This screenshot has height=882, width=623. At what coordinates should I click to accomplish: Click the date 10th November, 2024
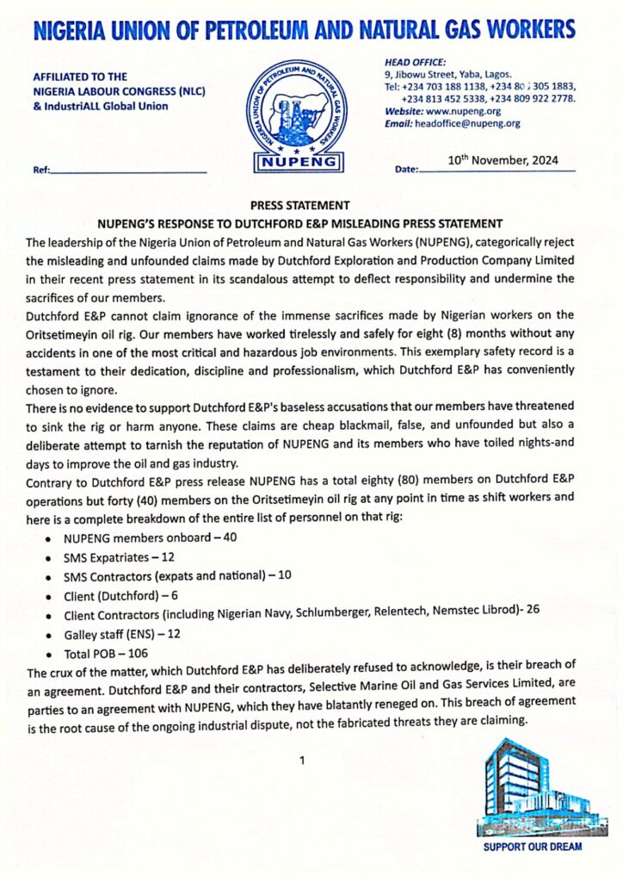(x=503, y=160)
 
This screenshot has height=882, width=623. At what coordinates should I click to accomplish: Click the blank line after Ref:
(x=129, y=171)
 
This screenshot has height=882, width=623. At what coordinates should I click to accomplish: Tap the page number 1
(x=303, y=761)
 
